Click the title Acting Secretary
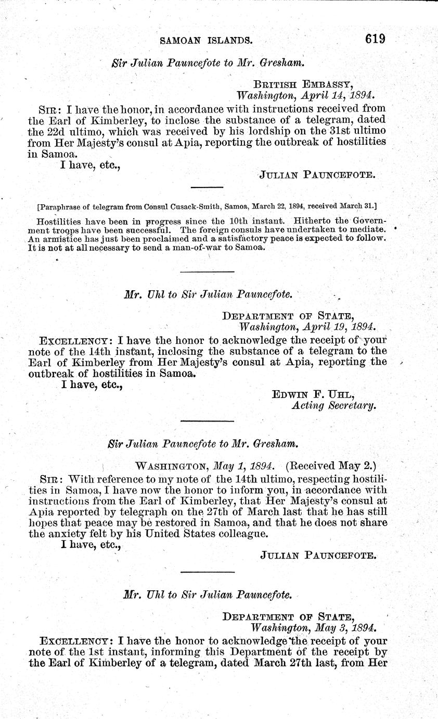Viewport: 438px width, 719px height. (333, 406)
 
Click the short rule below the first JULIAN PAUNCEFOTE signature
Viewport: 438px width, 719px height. (207, 187)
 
